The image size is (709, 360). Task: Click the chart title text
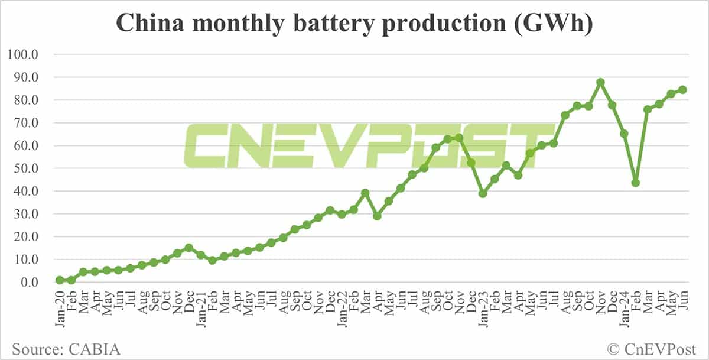[x=354, y=24]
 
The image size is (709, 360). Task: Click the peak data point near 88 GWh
[x=600, y=83]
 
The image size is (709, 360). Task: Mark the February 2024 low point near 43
[x=636, y=183]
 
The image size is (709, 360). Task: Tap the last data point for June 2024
[x=682, y=90]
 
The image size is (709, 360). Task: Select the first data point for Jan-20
[x=60, y=280]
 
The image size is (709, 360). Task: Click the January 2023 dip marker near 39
[x=483, y=193]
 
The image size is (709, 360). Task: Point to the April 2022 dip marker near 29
[x=377, y=216]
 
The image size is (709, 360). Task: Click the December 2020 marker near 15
[x=189, y=248]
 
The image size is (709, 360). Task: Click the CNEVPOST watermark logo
[x=366, y=145]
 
